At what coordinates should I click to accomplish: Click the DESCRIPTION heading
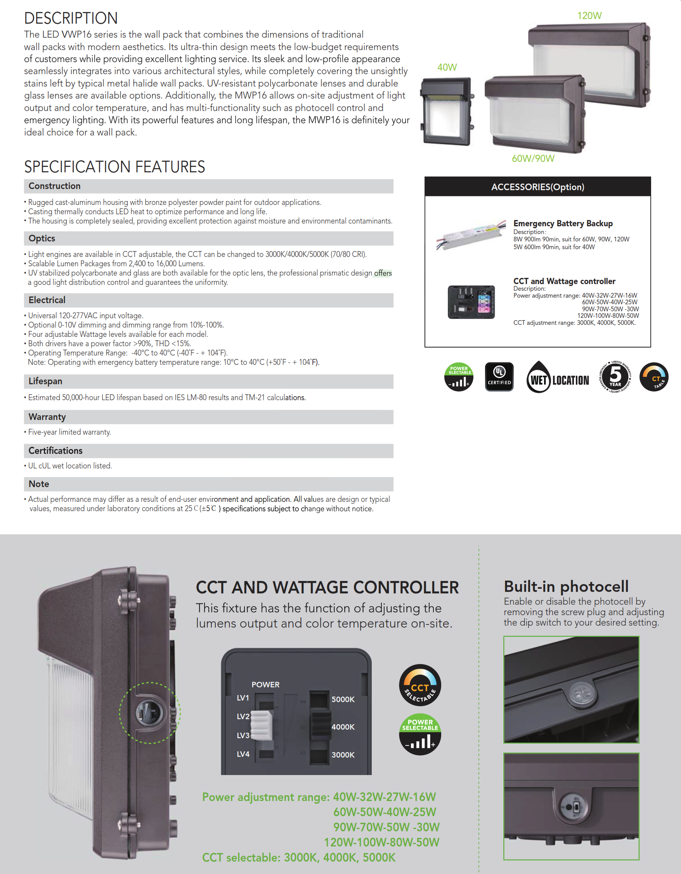pyautogui.click(x=71, y=18)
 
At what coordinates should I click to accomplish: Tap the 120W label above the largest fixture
pyautogui.click(x=589, y=16)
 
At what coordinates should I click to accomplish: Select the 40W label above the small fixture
pyautogui.click(x=447, y=67)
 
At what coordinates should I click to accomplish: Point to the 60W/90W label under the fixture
pyautogui.click(x=533, y=158)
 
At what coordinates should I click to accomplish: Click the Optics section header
pyautogui.click(x=42, y=239)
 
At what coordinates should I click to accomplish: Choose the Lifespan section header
pyautogui.click(x=45, y=382)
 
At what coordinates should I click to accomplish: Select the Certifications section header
pyautogui.click(x=55, y=451)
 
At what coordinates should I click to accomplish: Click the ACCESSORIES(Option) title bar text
pyautogui.click(x=537, y=187)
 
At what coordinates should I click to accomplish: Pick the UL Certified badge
pyautogui.click(x=499, y=376)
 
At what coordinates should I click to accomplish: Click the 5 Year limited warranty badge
pyautogui.click(x=615, y=376)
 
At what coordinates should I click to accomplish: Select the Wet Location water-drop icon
pyautogui.click(x=539, y=377)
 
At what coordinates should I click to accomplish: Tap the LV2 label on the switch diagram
pyautogui.click(x=243, y=716)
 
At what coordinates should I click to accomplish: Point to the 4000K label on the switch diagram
pyautogui.click(x=343, y=727)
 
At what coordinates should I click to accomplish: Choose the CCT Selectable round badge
pyautogui.click(x=420, y=685)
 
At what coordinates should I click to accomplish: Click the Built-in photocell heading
pyautogui.click(x=566, y=586)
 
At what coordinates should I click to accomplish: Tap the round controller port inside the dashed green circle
pyautogui.click(x=149, y=712)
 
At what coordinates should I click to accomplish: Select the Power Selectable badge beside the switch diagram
pyautogui.click(x=420, y=734)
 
